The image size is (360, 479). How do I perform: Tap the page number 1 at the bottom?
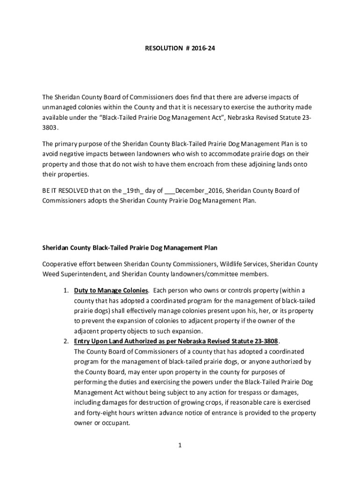tap(180, 445)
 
